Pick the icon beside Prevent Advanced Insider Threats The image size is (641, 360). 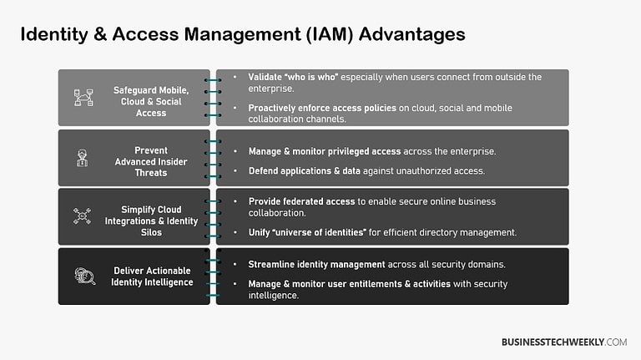tap(83, 157)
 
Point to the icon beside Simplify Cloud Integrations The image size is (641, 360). tap(83, 216)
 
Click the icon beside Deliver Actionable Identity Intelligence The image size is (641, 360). tap(83, 276)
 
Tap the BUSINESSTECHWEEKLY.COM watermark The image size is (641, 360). tap(563, 342)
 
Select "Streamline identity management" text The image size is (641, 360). tap(316, 264)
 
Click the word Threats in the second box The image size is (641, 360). tap(152, 173)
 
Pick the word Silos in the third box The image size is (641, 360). tap(152, 232)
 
